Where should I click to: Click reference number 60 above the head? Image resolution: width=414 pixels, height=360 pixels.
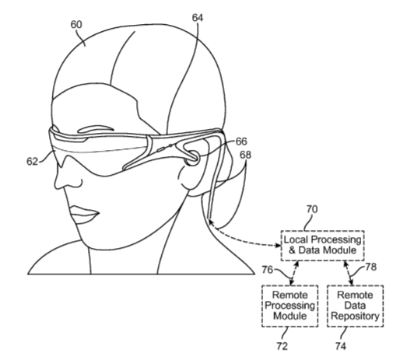76,25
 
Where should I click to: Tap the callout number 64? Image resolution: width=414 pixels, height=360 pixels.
198,18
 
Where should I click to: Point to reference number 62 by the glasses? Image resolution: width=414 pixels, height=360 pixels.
32,161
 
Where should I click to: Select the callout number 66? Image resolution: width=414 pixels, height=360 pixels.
241,142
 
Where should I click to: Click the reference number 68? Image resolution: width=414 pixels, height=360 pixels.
245,155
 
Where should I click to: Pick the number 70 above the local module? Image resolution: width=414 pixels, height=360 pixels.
312,209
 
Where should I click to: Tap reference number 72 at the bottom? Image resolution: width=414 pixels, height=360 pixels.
282,346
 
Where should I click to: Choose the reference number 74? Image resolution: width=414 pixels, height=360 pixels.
341,346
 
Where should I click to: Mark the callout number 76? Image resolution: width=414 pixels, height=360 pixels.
267,270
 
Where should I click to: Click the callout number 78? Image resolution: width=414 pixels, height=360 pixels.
370,267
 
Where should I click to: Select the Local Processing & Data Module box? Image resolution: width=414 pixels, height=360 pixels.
322,246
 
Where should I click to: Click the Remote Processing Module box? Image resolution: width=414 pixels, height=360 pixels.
290,306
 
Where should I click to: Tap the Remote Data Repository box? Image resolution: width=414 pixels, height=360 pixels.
355,306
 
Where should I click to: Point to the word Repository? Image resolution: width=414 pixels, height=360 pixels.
355,316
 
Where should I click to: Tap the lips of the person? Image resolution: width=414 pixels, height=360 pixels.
84,215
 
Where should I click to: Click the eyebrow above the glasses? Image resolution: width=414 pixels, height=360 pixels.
96,129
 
